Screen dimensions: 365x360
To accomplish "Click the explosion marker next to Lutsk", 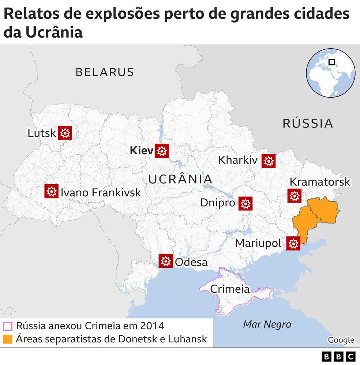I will point(65,133).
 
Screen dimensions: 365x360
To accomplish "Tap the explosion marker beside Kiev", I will point(161,151).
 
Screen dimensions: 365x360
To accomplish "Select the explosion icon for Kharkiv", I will point(268,160).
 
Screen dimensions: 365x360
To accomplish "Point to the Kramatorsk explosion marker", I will point(294,195).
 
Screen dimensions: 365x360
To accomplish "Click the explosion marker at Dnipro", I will point(245,204).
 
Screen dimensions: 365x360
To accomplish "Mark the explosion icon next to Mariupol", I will point(293,243).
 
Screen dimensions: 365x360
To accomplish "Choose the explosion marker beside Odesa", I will point(165,261).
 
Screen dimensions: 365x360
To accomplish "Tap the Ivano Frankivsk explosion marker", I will point(52,191).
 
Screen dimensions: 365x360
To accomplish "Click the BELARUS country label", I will point(105,72).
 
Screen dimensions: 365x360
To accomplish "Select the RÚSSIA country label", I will point(308,123).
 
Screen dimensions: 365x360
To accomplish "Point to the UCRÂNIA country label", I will point(180,179).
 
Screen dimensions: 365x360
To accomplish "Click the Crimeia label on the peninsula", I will point(230,289).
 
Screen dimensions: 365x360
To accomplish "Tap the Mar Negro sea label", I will point(267,324).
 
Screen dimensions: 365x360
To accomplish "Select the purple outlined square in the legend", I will point(8,326).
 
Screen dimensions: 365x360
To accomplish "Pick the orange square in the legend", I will point(8,339).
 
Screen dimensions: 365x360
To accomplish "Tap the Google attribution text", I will point(341,340).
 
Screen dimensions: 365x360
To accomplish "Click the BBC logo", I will point(338,356).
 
